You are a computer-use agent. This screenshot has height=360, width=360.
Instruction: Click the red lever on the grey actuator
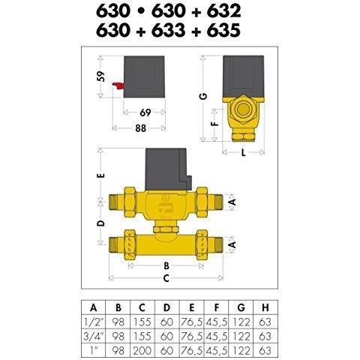coord(118,85)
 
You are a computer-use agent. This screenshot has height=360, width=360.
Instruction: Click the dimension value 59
coord(101,76)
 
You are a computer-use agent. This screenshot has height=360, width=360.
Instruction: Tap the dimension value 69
coord(145,112)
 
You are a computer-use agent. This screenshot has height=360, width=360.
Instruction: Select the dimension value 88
coord(140,128)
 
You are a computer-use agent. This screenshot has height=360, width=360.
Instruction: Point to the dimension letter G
coord(204,96)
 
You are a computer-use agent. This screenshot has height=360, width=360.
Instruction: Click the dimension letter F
coord(215,124)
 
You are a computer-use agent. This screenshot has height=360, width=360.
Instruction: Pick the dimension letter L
coord(243,152)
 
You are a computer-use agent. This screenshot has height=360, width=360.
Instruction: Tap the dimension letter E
coord(101,175)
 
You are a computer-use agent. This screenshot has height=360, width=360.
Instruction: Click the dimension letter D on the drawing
coord(101,223)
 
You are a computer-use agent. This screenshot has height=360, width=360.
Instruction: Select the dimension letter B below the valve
coord(166,265)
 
